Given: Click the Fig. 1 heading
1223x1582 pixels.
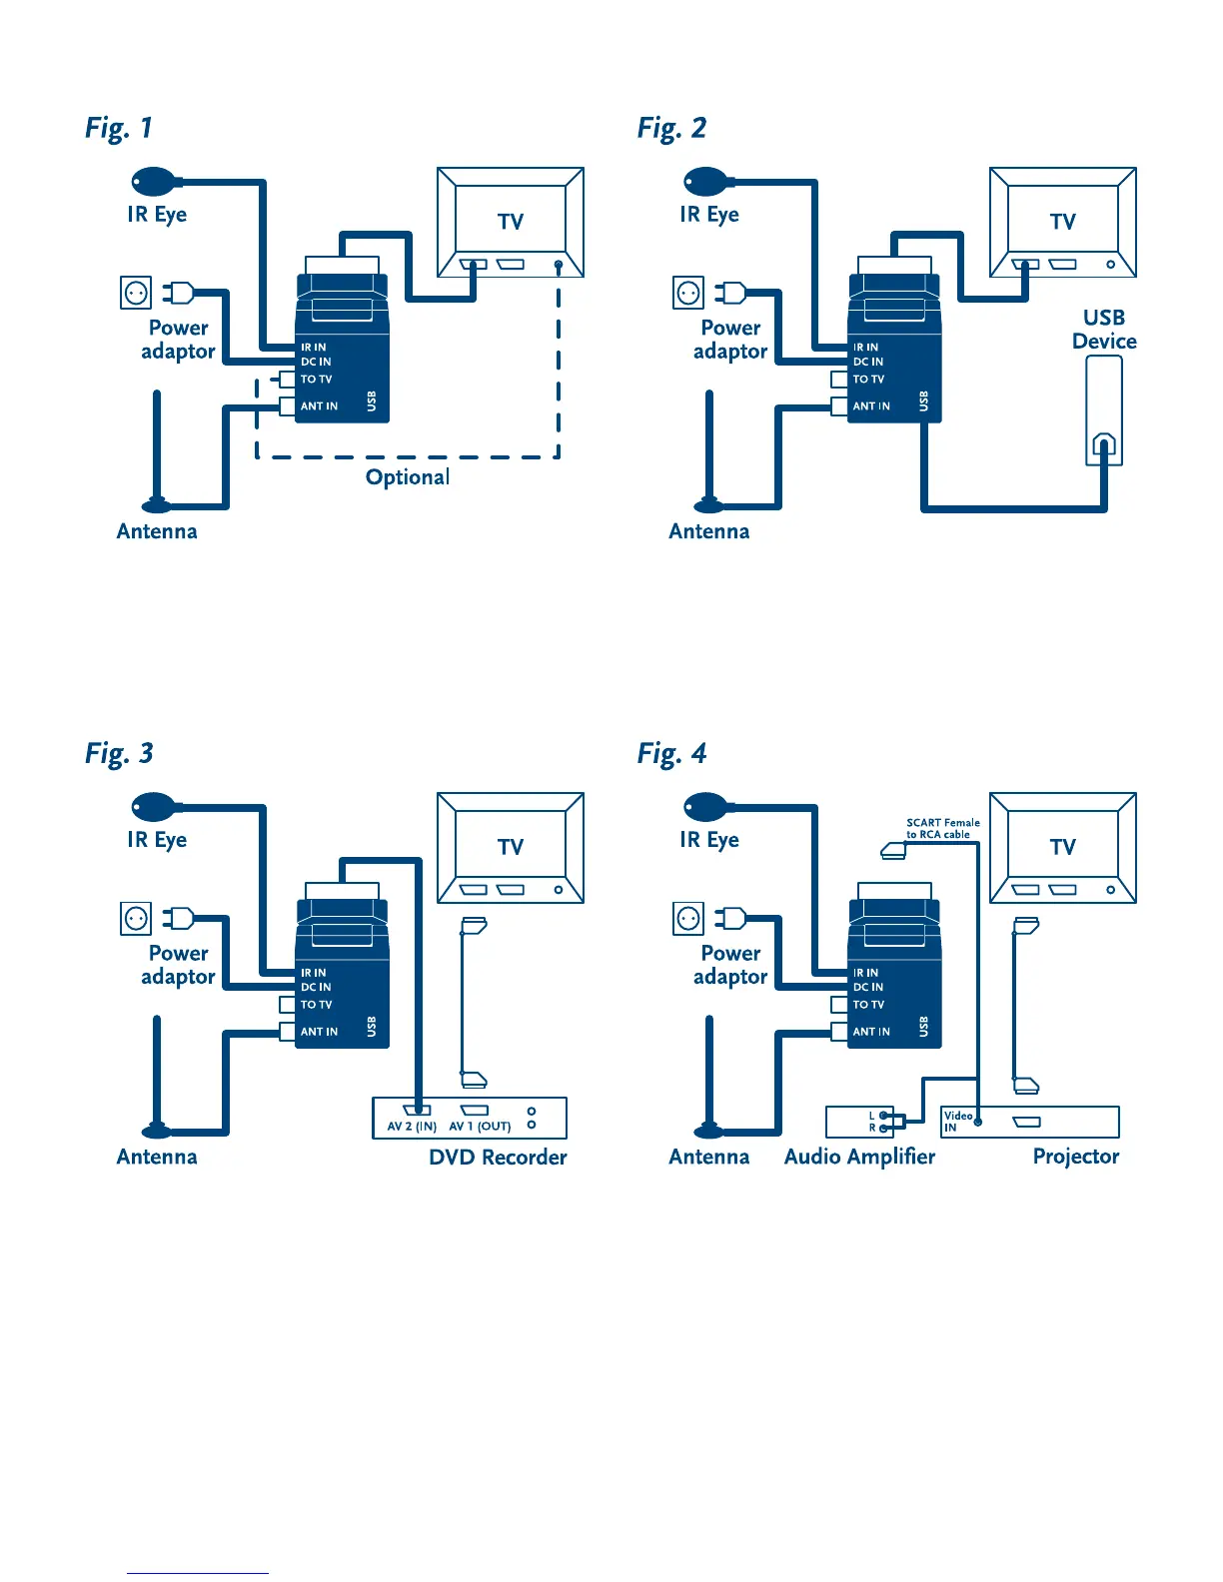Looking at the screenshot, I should point(119,128).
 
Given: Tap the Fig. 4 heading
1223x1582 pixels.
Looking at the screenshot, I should point(671,753).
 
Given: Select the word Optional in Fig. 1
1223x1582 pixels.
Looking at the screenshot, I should point(408,477).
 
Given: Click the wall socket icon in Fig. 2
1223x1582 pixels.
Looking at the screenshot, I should point(688,293).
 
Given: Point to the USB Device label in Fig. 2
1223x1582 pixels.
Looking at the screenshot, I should point(1104,330).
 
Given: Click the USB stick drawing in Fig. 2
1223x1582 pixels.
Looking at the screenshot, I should point(1104,410).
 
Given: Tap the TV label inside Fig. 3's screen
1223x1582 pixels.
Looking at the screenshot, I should point(511,847).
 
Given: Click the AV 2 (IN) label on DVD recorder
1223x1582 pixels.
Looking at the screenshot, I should point(412,1127).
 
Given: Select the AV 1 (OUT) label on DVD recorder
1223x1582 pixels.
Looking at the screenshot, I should point(480,1127).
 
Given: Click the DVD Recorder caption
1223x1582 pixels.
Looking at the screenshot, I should point(498,1158).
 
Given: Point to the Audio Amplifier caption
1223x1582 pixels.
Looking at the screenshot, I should point(859,1157).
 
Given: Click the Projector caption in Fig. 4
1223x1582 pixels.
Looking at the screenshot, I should point(1076,1157).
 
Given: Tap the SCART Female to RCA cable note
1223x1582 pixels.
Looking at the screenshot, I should point(942,829).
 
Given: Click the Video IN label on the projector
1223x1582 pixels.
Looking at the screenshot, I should point(957,1121).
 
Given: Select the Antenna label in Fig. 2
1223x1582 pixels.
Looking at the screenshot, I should point(709,531).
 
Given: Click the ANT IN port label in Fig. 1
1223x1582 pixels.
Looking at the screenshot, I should point(319,406).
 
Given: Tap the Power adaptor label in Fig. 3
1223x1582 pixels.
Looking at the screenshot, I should point(179,965).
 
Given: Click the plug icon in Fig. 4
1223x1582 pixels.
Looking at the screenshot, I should point(730,917).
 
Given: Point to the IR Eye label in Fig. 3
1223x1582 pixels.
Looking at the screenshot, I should point(157,840).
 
